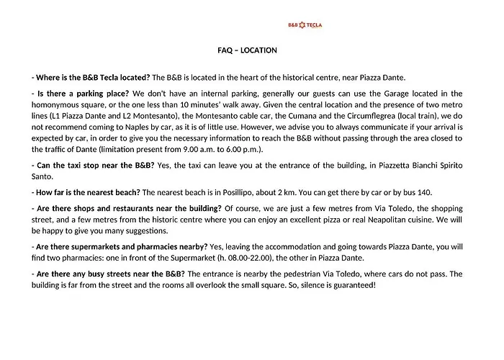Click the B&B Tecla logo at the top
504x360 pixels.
[305, 24]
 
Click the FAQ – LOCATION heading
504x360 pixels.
[247, 50]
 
